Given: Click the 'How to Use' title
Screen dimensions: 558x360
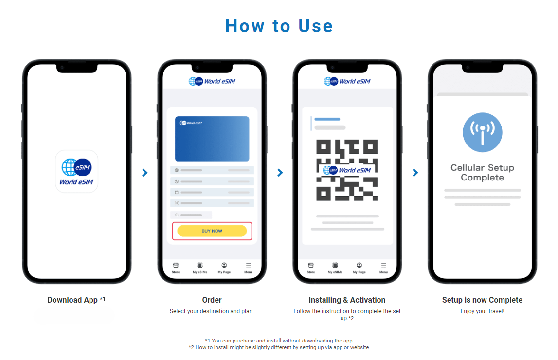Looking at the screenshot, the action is pos(279,26).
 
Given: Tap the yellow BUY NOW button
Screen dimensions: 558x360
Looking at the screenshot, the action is pos(212,231).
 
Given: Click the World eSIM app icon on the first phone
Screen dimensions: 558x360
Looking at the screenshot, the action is pos(77,171).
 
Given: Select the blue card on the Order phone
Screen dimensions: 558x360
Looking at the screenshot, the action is pos(212,139).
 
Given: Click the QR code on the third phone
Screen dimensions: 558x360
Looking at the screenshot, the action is pos(347,170).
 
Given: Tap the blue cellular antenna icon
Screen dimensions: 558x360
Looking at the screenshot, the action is pos(482,132).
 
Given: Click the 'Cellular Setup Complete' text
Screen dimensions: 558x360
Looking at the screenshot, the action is pos(482,173).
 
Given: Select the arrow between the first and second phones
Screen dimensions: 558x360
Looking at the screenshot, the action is pos(145,173).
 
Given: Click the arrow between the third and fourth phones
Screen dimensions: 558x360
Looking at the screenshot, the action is pos(415,173).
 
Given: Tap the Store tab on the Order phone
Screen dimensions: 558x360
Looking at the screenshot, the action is pos(176,268).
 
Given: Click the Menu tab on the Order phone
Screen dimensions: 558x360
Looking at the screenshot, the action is pos(249,268).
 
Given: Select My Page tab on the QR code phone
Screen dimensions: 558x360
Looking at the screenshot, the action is pos(360,268).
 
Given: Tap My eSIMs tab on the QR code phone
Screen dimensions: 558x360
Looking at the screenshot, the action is pos(335,268).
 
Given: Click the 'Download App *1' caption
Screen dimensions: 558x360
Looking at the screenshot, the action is pos(76,300).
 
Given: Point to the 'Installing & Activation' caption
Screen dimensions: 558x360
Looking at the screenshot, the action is pos(347,300).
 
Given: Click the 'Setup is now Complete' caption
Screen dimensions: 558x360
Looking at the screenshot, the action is pos(482,300).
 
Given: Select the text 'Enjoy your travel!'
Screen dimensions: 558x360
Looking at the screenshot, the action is pos(482,311).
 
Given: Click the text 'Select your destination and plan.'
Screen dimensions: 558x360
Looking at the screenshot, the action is pos(212,311).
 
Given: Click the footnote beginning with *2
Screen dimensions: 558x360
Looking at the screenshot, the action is pos(279,347).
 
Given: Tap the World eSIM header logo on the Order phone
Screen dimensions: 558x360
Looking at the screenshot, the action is pos(212,81).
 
